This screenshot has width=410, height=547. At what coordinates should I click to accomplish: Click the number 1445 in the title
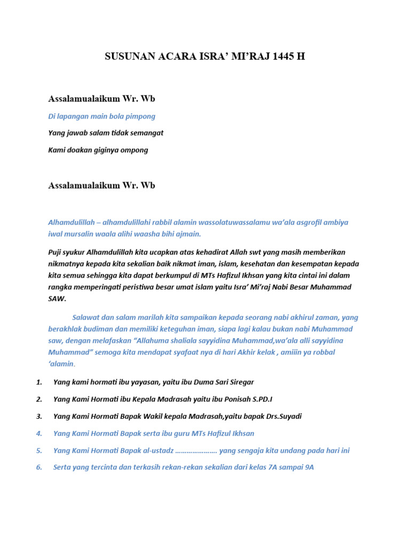(282, 57)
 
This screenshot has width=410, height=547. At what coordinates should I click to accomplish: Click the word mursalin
(78, 234)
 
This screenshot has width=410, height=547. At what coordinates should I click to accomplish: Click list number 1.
(39, 382)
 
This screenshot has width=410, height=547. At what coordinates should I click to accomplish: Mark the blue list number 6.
(39, 467)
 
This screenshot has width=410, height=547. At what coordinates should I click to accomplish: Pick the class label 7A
(269, 467)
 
